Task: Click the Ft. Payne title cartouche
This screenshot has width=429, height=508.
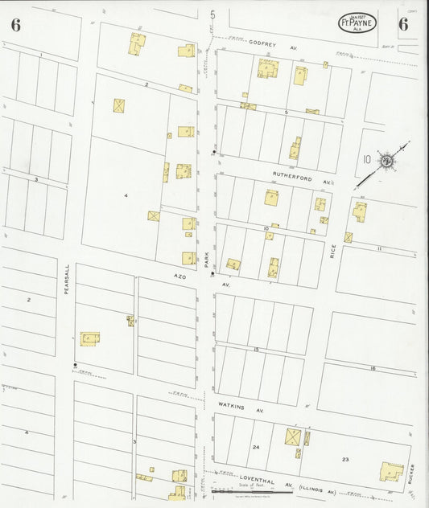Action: point(357,23)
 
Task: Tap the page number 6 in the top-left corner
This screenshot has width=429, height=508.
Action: point(16,24)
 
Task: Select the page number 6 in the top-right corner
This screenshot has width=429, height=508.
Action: point(402,23)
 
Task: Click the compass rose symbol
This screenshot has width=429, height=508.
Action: point(386,159)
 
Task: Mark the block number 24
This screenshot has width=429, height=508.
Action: point(255,446)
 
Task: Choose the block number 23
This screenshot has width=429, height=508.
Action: point(345,458)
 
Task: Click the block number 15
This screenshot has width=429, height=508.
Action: point(255,351)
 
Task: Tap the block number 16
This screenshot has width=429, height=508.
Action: point(372,367)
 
